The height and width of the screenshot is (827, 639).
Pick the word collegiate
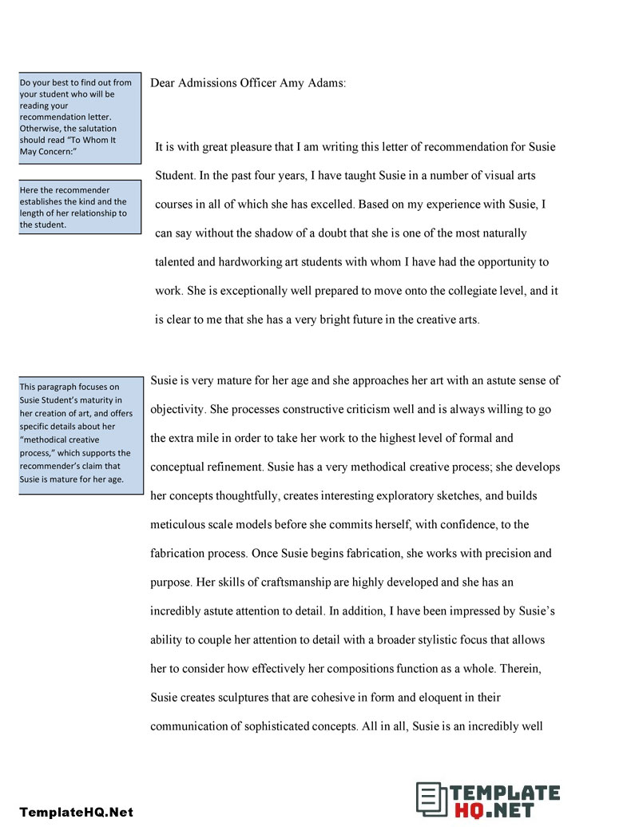pyautogui.click(x=431, y=291)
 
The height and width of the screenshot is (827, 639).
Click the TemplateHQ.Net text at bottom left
pyautogui.click(x=77, y=812)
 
